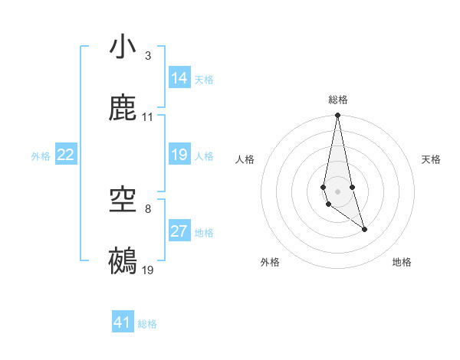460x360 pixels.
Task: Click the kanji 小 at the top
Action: pyautogui.click(x=123, y=47)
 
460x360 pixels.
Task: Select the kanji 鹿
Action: pyautogui.click(x=123, y=109)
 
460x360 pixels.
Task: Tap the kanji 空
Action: pyautogui.click(x=123, y=201)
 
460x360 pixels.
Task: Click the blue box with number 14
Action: pyautogui.click(x=179, y=78)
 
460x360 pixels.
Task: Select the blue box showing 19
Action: pyautogui.click(x=179, y=155)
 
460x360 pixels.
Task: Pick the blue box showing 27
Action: pyautogui.click(x=179, y=231)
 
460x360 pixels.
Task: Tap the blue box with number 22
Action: pyautogui.click(x=66, y=155)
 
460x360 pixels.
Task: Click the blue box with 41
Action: pyautogui.click(x=123, y=323)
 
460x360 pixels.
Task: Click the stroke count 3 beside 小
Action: pyautogui.click(x=148, y=56)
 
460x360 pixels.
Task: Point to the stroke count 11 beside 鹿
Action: pyautogui.click(x=148, y=117)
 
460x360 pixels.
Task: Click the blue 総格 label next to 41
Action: pyautogui.click(x=147, y=324)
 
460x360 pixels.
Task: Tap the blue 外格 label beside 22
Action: pyautogui.click(x=41, y=156)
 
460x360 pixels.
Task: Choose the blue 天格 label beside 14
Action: pyautogui.click(x=204, y=79)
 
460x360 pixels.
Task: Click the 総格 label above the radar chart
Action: pyautogui.click(x=338, y=100)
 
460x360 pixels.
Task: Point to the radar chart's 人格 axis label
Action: pyautogui.click(x=245, y=159)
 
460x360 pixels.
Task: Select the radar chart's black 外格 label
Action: pyautogui.click(x=270, y=262)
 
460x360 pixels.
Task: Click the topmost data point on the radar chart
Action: pyautogui.click(x=337, y=116)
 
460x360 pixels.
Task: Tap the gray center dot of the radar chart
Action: pyautogui.click(x=337, y=190)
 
